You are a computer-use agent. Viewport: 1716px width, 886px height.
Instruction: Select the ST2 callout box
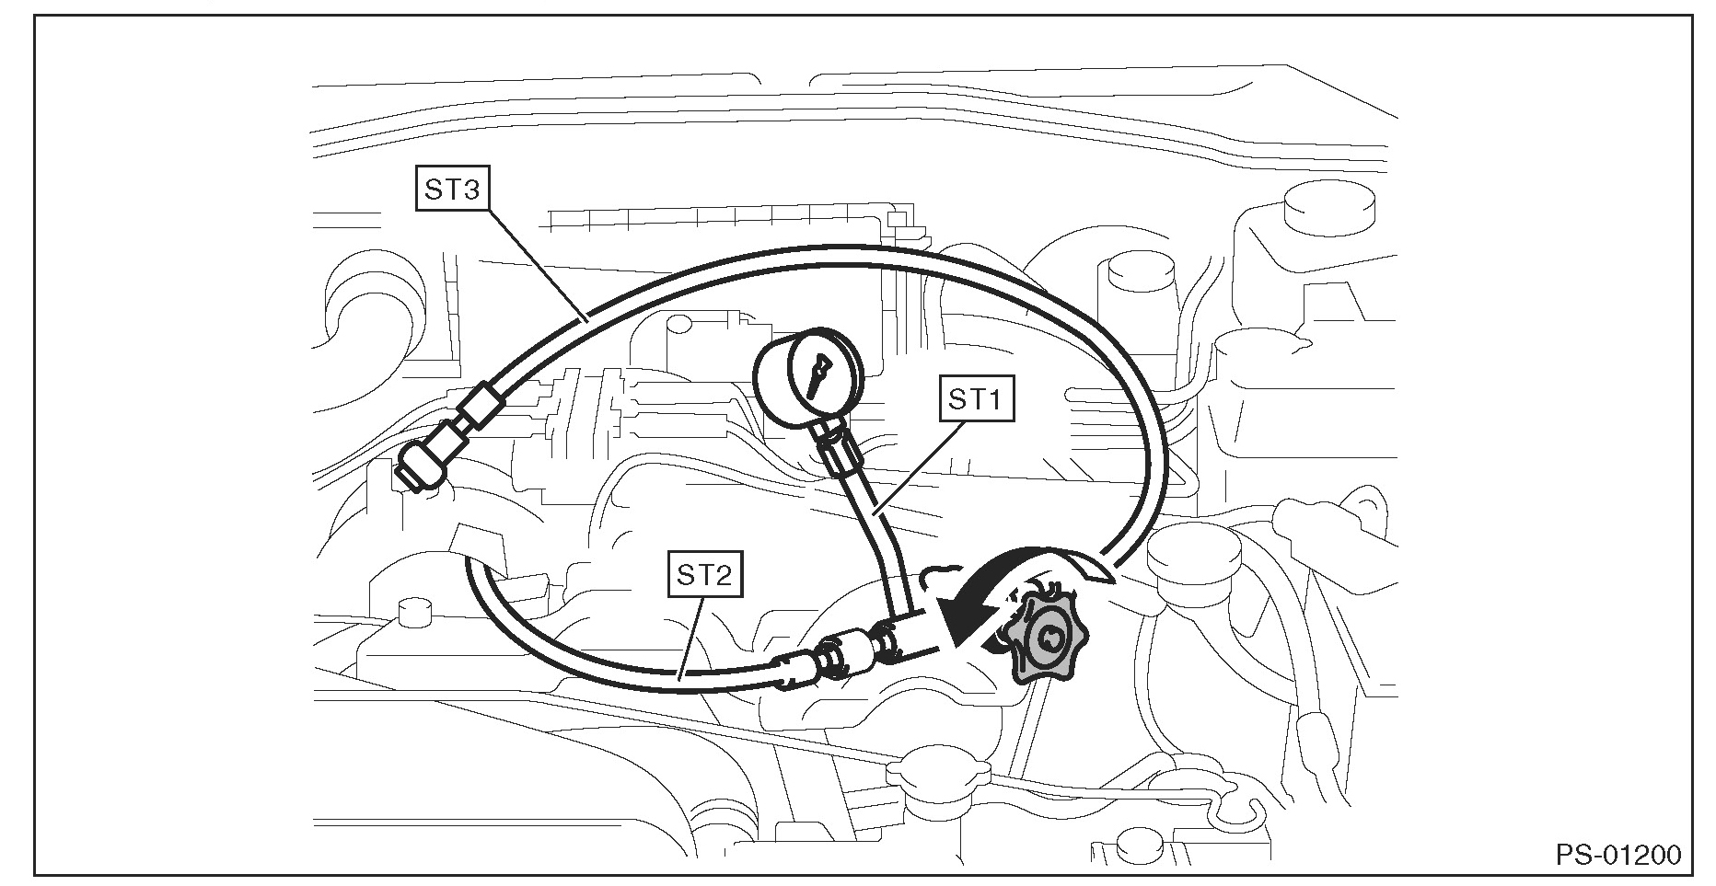(x=704, y=576)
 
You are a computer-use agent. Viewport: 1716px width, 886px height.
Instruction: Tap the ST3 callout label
(x=451, y=190)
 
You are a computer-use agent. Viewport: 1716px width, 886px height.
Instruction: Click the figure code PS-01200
(x=1617, y=855)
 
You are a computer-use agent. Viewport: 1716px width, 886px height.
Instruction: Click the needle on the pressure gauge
(x=816, y=376)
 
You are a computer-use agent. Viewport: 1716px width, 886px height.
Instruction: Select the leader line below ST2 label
(x=691, y=636)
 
